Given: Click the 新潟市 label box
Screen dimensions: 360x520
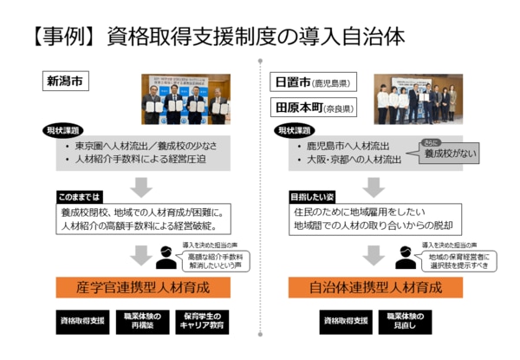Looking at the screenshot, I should tap(67, 83).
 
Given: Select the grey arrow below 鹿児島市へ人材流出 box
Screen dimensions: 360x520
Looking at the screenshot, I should tap(374, 184).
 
